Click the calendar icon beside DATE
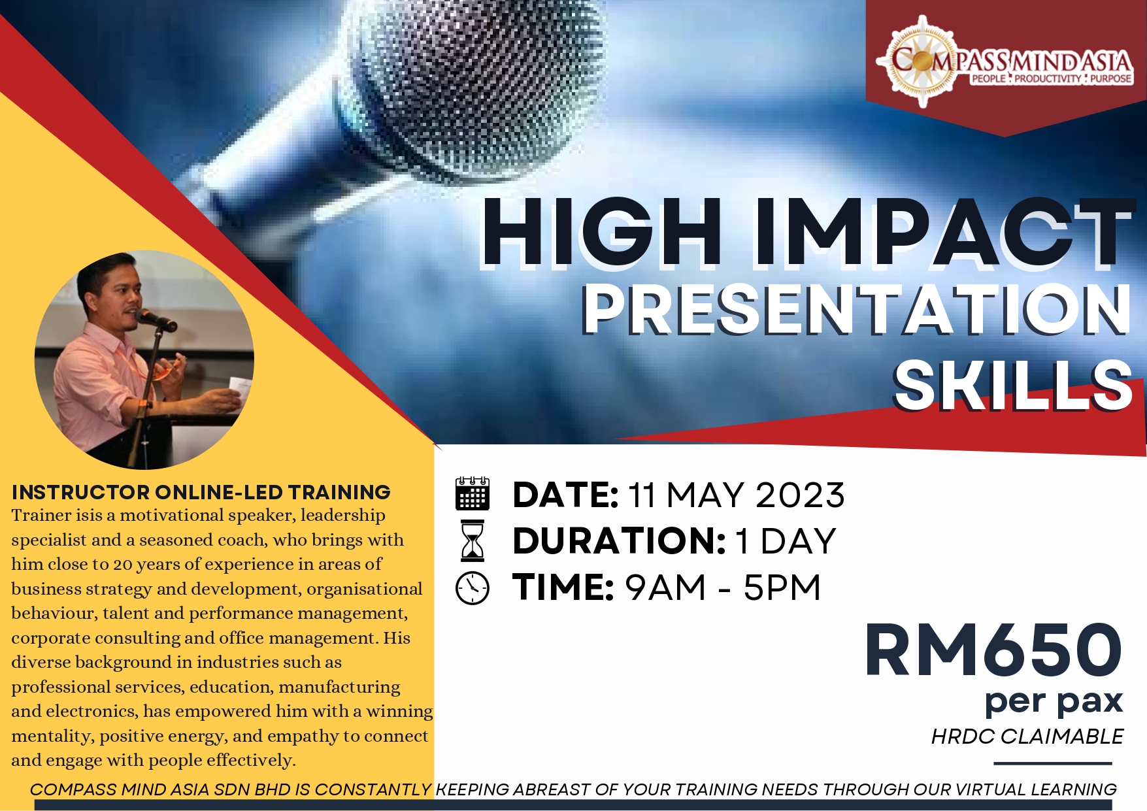point(472,493)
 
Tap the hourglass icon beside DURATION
point(473,540)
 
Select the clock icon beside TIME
point(472,588)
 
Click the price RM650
point(993,650)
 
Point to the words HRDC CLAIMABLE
point(1027,737)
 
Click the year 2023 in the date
point(800,495)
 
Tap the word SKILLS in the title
point(1012,386)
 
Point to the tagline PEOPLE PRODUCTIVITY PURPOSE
point(1050,78)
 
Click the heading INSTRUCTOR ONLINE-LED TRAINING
point(201,492)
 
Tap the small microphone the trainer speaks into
point(157,320)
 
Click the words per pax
point(1054,702)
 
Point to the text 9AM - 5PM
point(723,587)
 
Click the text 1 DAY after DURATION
point(786,541)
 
